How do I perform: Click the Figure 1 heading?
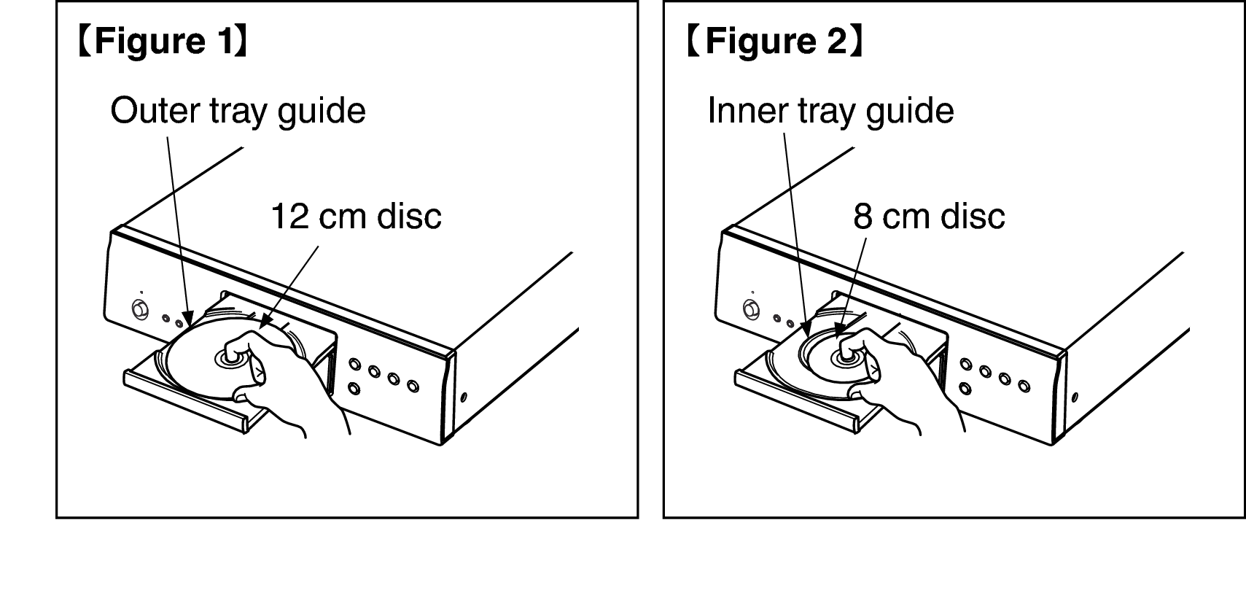tap(163, 41)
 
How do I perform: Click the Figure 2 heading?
tap(774, 41)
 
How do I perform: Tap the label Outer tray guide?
tap(238, 111)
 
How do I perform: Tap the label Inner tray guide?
tap(830, 111)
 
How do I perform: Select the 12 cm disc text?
tap(356, 216)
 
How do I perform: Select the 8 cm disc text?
tap(929, 216)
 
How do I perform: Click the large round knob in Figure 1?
tap(140, 309)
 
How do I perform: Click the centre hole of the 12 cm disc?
tap(229, 359)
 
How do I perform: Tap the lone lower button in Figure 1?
tap(354, 388)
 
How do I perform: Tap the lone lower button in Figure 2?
tap(965, 388)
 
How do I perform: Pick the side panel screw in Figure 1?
tap(464, 397)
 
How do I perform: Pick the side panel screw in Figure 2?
tap(1075, 397)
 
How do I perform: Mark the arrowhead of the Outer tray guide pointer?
tap(189, 319)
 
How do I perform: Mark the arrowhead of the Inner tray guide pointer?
tap(805, 330)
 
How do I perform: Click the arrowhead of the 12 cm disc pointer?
tap(265, 322)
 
